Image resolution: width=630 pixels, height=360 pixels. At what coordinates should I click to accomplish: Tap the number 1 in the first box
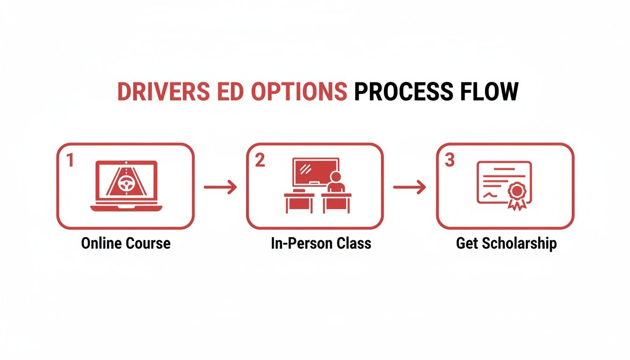coord(70,161)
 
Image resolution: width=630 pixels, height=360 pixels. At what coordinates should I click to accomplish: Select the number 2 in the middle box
coord(260,161)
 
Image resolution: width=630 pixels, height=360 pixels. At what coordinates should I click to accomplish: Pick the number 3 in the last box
coord(450,161)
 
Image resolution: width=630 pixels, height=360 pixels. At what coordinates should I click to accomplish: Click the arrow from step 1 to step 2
coord(220,187)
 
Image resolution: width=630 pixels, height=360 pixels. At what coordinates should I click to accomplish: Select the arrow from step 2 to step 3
coord(410,187)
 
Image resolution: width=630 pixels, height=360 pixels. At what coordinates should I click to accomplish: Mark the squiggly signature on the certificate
coord(490,194)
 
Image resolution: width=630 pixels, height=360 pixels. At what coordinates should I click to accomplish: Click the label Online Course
coord(126,244)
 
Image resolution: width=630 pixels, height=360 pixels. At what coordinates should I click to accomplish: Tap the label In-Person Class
coord(321,244)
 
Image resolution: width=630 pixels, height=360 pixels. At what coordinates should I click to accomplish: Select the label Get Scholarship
coord(506,244)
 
